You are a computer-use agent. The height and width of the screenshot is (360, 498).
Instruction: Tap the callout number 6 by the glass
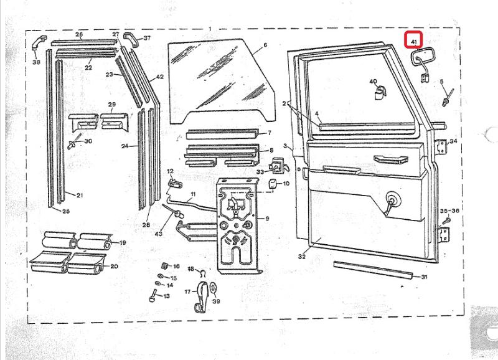tap(265, 45)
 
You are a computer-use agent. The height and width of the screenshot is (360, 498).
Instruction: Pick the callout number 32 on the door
tap(303, 256)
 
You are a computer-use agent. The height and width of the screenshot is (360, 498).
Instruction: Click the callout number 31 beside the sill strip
tap(425, 277)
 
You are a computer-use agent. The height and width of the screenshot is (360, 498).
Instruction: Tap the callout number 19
tap(123, 243)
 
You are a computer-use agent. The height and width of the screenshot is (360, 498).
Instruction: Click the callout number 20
tap(114, 267)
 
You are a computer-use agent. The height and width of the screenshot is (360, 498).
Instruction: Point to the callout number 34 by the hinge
tap(453, 141)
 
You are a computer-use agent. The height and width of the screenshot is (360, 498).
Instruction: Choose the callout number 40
tap(374, 82)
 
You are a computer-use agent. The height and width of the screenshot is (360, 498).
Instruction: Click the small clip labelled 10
tap(272, 184)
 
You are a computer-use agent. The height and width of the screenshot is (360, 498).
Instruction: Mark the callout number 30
tap(88, 141)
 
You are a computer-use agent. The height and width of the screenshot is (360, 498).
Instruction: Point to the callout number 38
tap(35, 62)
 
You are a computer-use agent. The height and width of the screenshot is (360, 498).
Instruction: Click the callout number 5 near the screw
tap(442, 82)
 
